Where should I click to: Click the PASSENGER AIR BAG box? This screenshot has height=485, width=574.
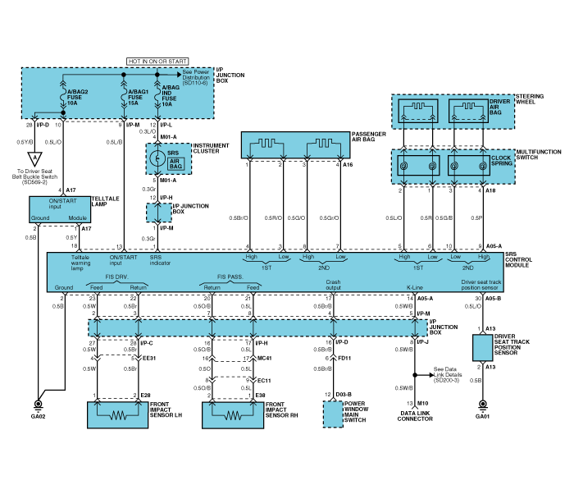click(x=293, y=145)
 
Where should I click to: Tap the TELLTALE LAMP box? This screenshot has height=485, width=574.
click(x=57, y=210)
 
